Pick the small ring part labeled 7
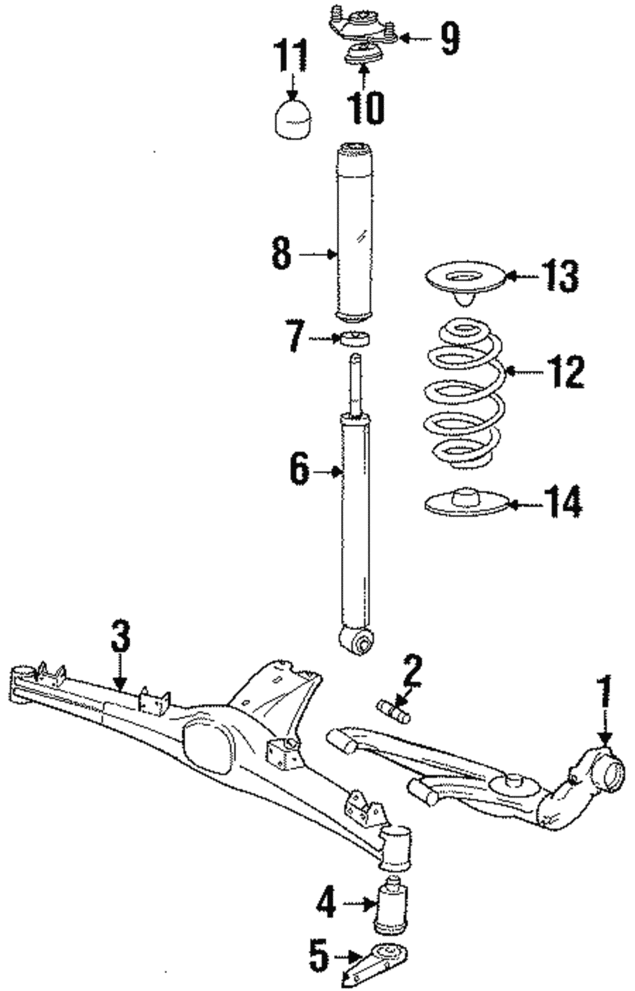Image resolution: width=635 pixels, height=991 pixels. point(355,339)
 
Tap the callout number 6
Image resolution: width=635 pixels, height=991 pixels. point(300,469)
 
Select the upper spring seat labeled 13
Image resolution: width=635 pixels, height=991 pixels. point(463,280)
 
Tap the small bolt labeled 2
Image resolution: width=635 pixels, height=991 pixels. point(394,710)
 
